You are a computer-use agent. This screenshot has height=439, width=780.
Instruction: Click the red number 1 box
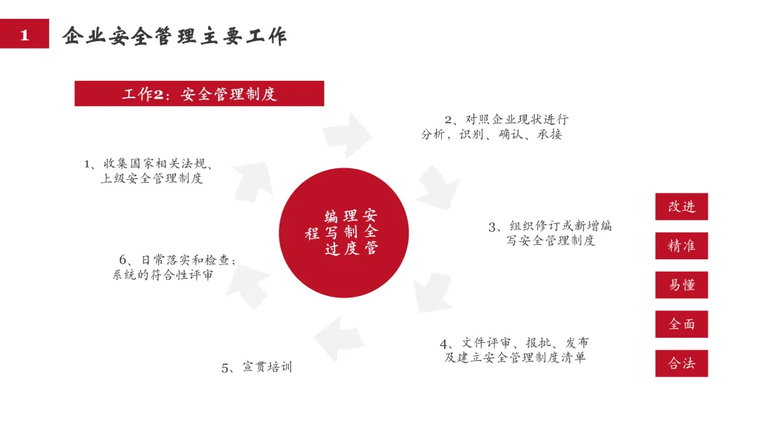click(x=25, y=34)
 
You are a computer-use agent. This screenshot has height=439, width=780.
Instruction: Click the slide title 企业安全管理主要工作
click(x=174, y=35)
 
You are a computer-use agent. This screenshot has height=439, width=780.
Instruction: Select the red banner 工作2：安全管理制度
click(x=199, y=94)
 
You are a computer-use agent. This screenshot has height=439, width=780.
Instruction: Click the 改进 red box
click(x=681, y=207)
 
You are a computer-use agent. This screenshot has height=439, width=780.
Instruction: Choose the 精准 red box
click(x=681, y=246)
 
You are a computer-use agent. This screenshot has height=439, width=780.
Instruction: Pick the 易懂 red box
click(x=681, y=285)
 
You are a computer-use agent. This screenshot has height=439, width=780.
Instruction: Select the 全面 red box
click(x=681, y=324)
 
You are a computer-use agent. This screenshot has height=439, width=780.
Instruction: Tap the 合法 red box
click(x=681, y=363)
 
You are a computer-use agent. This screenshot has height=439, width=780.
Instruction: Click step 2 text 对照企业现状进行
click(x=506, y=120)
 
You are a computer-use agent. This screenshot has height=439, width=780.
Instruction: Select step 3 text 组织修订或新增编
click(x=550, y=226)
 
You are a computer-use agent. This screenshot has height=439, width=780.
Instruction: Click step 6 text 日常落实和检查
click(x=178, y=259)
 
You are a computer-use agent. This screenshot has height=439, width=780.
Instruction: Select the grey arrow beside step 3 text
click(x=438, y=187)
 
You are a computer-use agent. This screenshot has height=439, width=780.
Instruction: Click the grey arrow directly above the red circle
click(x=351, y=136)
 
